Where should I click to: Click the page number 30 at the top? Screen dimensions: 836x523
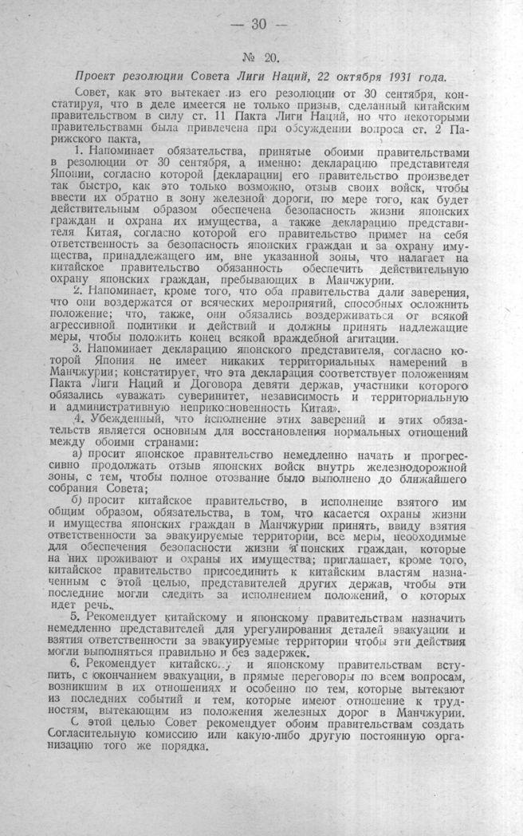(258, 23)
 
